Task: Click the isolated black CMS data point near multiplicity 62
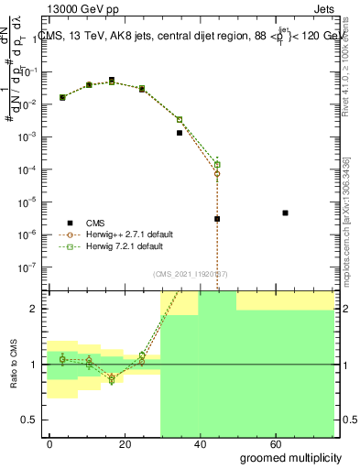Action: coord(286,213)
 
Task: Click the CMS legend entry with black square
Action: coord(95,223)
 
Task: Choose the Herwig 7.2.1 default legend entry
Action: coord(125,246)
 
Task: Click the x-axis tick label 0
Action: coord(50,443)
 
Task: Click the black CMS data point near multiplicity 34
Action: coord(180,133)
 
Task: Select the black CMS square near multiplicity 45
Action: coord(217,219)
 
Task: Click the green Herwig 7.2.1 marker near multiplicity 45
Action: coord(217,164)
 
